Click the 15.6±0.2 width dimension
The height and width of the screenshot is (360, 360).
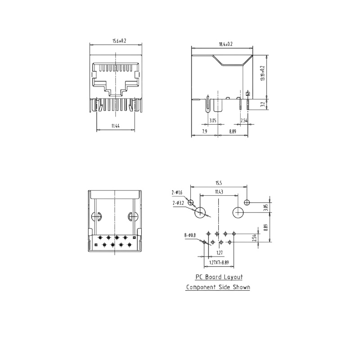click(x=119, y=41)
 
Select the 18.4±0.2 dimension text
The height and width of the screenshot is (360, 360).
click(x=226, y=44)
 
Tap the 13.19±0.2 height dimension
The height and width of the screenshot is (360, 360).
click(x=262, y=73)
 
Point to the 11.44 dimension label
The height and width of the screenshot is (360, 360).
click(x=116, y=126)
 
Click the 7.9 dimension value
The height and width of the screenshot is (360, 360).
click(x=205, y=131)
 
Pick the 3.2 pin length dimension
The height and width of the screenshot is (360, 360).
click(x=263, y=104)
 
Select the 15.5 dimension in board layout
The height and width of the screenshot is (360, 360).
click(x=219, y=183)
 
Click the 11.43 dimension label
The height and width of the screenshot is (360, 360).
click(x=219, y=192)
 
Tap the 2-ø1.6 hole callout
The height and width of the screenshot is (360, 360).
click(x=177, y=193)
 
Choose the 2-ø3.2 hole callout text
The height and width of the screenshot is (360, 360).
click(x=178, y=203)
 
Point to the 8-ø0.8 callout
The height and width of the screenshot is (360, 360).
click(x=190, y=235)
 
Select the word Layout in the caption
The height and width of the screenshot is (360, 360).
click(x=233, y=277)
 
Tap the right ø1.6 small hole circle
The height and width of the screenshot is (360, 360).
click(x=247, y=202)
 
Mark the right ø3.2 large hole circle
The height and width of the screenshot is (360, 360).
click(x=238, y=212)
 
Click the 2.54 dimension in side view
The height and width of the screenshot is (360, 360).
click(x=244, y=120)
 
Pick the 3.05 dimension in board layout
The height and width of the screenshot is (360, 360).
click(x=266, y=207)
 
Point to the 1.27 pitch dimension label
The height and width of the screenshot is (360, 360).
click(x=220, y=253)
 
